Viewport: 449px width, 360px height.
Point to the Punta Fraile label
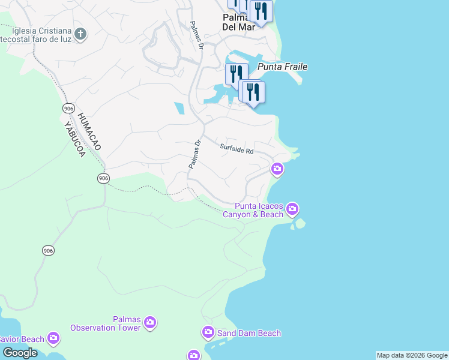[x=282, y=67]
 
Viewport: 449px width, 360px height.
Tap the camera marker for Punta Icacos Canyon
[x=292, y=209]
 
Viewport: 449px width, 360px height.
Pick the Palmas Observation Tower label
[x=106, y=323]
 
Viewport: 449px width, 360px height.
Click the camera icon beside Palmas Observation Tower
[x=150, y=323]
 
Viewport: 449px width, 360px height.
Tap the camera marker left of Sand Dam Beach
[x=208, y=332]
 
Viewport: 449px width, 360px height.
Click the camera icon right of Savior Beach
[x=53, y=339]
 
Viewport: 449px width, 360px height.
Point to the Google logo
[x=20, y=352]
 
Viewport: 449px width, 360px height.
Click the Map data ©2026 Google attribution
[x=412, y=355]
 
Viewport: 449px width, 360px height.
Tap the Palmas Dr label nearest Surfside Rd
[x=194, y=155]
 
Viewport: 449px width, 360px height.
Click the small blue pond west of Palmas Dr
[x=179, y=109]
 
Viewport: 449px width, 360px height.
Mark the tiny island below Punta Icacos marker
[x=298, y=224]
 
